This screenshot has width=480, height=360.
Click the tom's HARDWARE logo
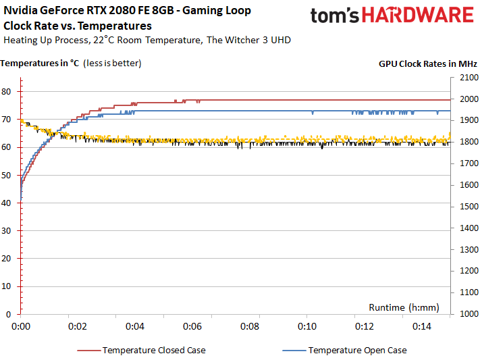tap(392, 17)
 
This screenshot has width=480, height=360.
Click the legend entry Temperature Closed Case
tap(154, 350)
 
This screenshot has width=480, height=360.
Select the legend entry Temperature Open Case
tap(357, 350)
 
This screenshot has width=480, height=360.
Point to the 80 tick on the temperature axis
tap(9, 91)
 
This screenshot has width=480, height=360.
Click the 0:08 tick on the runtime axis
tap(250, 326)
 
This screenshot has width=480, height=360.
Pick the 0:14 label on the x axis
tap(421, 326)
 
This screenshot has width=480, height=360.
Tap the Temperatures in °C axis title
tap(41, 63)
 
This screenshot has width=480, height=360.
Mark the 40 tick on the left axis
tap(9, 203)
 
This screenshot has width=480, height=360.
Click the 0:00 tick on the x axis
tap(21, 326)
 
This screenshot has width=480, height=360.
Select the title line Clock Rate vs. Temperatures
tap(78, 26)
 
